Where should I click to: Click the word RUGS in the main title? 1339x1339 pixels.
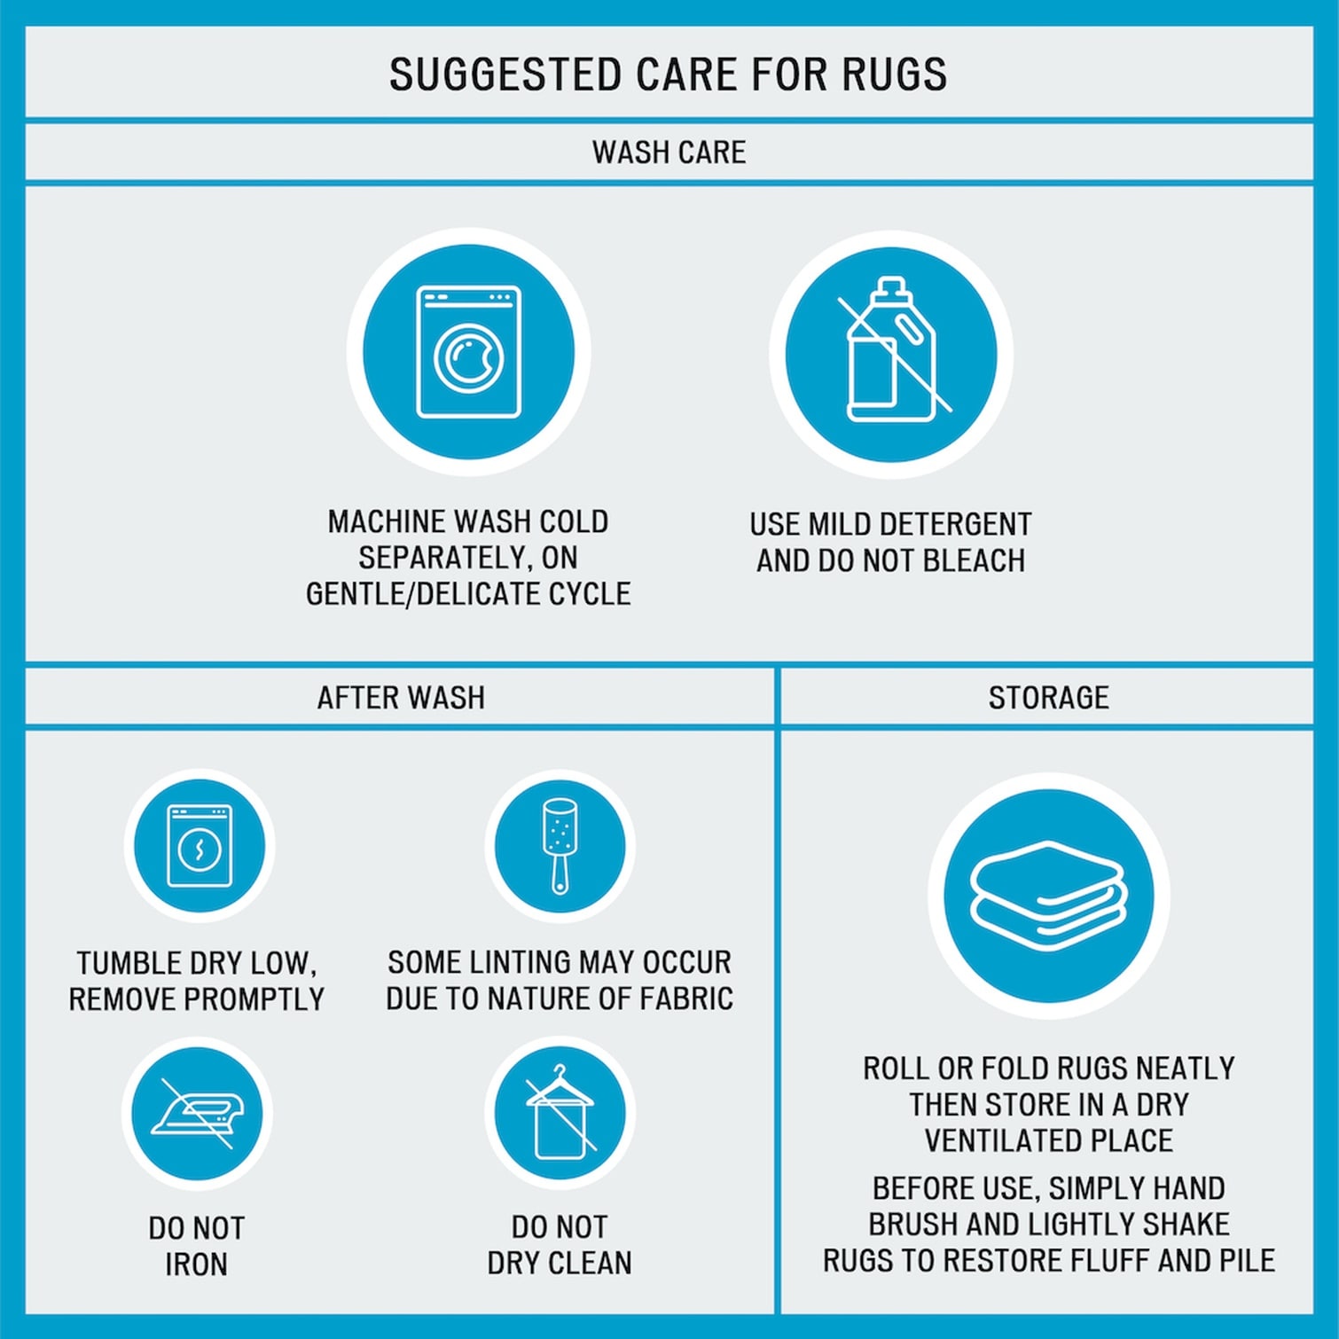pyautogui.click(x=894, y=74)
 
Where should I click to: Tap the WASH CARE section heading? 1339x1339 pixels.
pyautogui.click(x=669, y=153)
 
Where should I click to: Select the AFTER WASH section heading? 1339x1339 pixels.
pyautogui.click(x=401, y=698)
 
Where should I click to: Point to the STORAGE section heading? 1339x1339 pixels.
pyautogui.click(x=1048, y=698)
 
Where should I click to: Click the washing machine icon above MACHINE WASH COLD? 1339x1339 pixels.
pyautogui.click(x=469, y=352)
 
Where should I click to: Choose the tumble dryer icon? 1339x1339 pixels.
pyautogui.click(x=200, y=846)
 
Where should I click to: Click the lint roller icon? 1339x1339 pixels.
pyautogui.click(x=560, y=845)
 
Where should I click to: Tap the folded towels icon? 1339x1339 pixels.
pyautogui.click(x=1048, y=897)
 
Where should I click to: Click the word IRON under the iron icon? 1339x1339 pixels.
pyautogui.click(x=196, y=1264)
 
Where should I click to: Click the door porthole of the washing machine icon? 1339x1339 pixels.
pyautogui.click(x=469, y=358)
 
